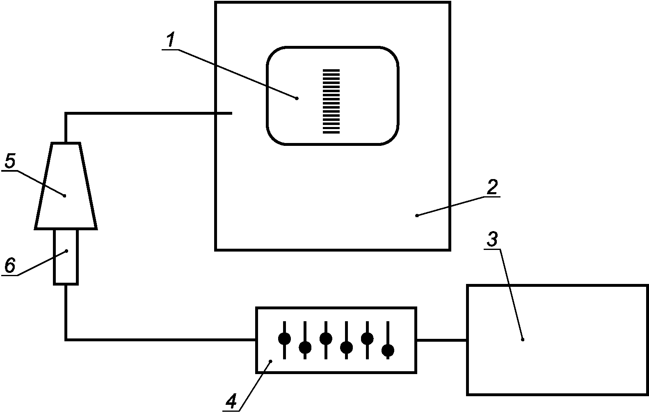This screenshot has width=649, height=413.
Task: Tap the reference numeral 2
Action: tap(492, 187)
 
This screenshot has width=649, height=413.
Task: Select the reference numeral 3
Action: tap(492, 239)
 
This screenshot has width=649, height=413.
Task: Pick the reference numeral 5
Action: tap(10, 161)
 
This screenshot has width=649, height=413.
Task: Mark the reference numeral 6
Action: tap(10, 265)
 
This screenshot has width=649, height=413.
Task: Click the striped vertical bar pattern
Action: tap(331, 101)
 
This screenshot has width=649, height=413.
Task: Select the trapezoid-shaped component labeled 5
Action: tap(66, 186)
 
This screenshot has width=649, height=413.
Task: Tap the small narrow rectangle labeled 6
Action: tap(66, 257)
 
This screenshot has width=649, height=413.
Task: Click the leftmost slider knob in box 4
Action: tap(285, 338)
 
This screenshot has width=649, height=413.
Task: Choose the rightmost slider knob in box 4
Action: tap(388, 351)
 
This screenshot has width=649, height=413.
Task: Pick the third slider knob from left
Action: tap(326, 338)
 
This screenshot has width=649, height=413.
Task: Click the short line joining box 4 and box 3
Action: tap(441, 340)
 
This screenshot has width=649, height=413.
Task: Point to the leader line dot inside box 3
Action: tap(523, 340)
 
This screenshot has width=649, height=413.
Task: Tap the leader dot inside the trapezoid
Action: tap(64, 196)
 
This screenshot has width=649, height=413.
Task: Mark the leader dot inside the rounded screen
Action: tap(297, 99)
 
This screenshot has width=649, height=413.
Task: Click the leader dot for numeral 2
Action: tap(417, 216)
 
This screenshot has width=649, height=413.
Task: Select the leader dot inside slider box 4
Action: tap(271, 361)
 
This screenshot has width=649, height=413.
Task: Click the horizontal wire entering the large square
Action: tap(149, 113)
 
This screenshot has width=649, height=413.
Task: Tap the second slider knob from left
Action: tap(305, 347)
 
